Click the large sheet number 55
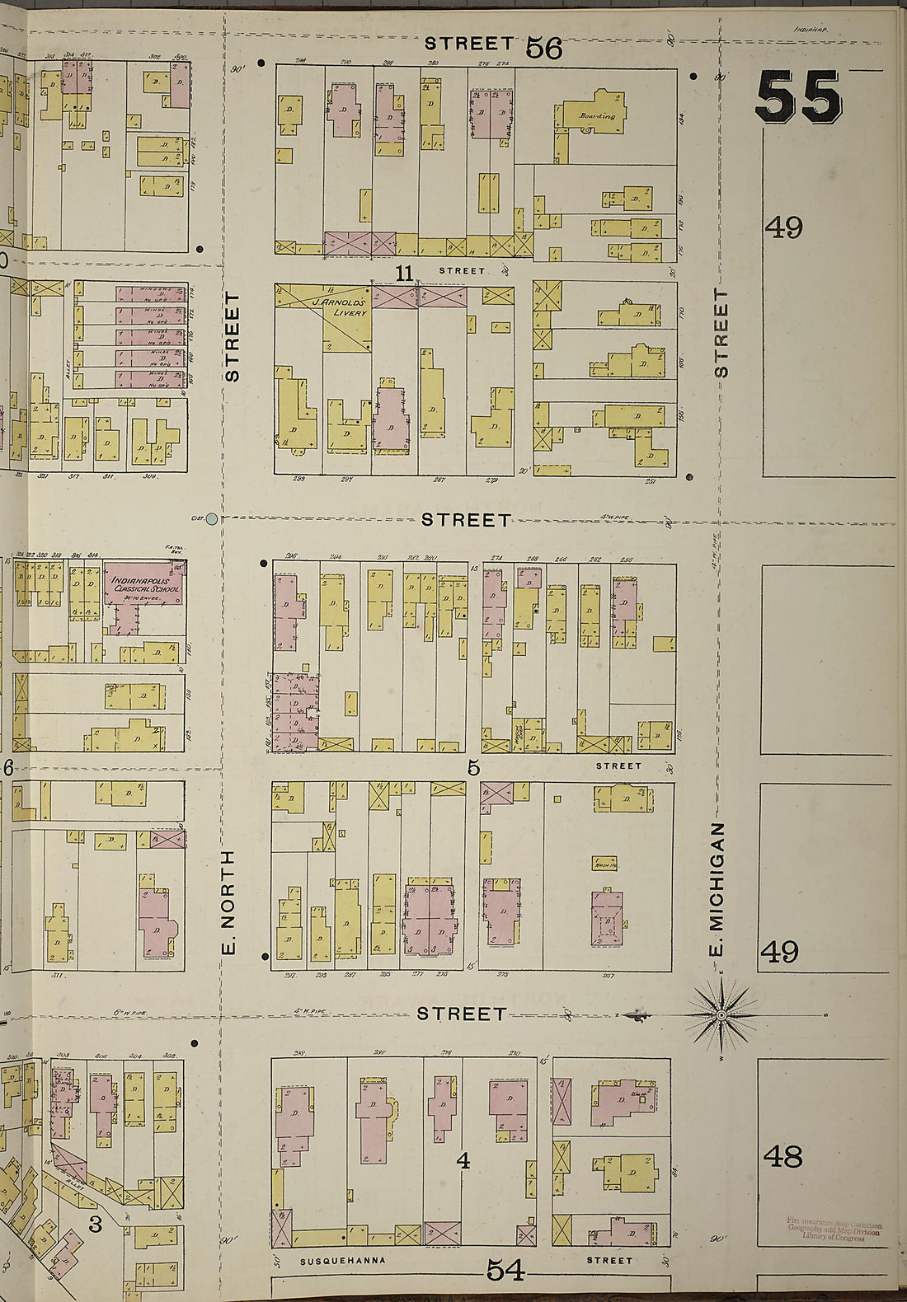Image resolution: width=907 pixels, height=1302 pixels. (x=798, y=97)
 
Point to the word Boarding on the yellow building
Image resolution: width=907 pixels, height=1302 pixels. (x=596, y=116)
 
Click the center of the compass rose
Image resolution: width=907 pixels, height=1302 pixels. (x=721, y=1015)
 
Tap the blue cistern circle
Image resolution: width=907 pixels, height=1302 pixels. (x=212, y=518)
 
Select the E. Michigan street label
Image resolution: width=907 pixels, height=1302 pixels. (x=717, y=889)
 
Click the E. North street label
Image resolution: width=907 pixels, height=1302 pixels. (x=230, y=903)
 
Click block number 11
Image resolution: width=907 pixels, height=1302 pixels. (x=403, y=273)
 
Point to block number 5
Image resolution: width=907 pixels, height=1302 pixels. (x=473, y=768)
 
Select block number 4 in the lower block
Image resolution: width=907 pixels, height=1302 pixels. (x=463, y=1161)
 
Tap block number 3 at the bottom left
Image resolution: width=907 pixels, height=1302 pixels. (x=95, y=1225)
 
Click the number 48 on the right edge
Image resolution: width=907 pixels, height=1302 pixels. (x=782, y=1157)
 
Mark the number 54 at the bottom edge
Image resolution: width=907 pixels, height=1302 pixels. (x=505, y=1270)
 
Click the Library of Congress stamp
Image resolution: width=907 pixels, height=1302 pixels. (x=834, y=1230)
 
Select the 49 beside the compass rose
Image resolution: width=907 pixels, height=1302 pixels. (x=778, y=952)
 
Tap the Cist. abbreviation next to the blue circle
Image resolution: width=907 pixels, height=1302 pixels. (x=196, y=518)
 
